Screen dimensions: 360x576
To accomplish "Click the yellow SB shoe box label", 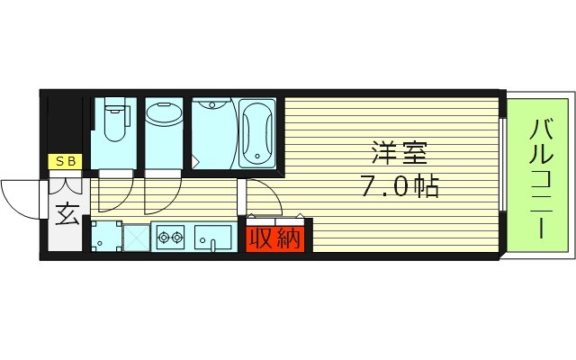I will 65,162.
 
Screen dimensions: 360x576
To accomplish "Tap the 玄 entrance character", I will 66,214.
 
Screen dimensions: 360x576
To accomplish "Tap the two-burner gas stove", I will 170,239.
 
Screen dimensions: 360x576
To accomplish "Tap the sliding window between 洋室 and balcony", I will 503,176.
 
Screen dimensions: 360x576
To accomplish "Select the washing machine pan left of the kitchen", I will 106,237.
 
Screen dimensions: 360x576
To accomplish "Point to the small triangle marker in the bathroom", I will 196,162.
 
